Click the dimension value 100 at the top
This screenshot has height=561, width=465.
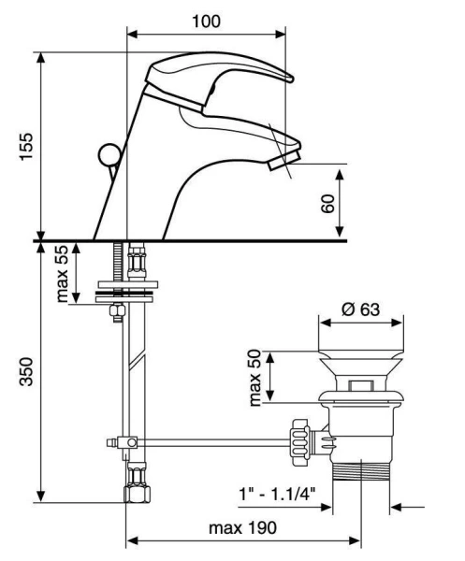pos(206,22)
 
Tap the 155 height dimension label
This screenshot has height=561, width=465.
pos(26,147)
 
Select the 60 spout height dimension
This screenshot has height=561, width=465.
pos(327,204)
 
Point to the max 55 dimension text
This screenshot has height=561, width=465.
pos(62,274)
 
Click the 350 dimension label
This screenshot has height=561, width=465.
pos(26,371)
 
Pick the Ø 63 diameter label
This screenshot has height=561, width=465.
pos(360,309)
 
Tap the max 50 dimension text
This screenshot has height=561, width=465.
pos(254,378)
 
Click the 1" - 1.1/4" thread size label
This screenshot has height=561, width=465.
pos(277,495)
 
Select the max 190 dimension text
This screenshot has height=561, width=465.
pos(242,527)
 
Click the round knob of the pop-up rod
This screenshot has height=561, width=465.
pos(109,155)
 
